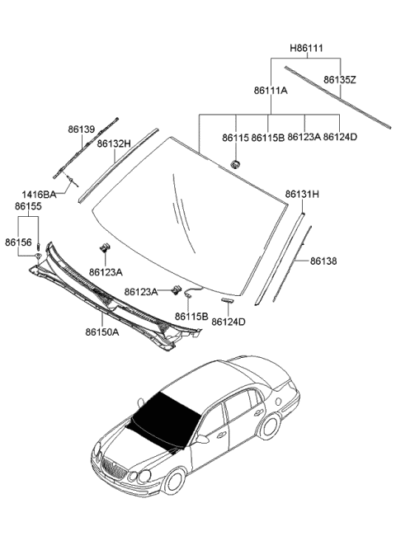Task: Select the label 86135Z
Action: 339,80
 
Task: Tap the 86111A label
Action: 271,92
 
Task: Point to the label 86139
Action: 82,129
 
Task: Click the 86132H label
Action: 114,143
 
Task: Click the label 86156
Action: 18,242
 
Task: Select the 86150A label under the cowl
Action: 101,333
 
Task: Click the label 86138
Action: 323,261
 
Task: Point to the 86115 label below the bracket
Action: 235,137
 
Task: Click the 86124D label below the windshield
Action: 229,322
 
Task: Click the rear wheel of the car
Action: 270,426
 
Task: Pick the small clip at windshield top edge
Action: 234,161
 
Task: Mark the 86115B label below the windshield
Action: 191,316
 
